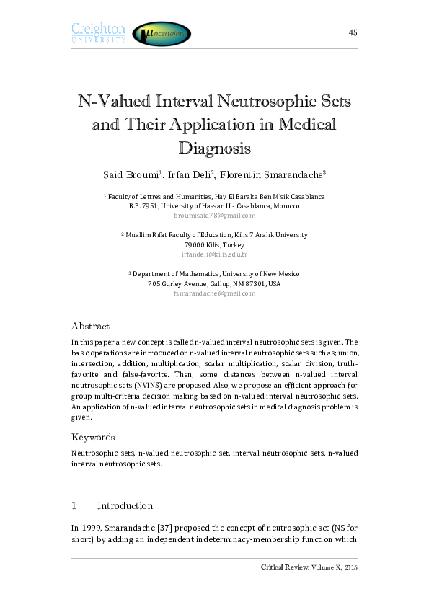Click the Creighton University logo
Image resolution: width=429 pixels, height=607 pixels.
click(x=98, y=32)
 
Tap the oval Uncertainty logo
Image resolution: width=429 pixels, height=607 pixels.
click(x=162, y=33)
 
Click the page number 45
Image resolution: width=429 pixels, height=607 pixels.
click(x=353, y=32)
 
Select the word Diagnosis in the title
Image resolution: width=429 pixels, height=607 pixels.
click(x=214, y=149)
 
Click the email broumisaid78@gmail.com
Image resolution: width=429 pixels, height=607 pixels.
click(x=214, y=216)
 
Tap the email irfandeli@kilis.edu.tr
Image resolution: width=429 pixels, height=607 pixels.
click(x=214, y=254)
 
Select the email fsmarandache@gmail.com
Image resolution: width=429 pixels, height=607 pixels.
click(x=214, y=293)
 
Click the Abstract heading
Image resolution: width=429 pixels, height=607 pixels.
click(x=90, y=326)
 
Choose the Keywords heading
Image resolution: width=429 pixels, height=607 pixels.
click(x=93, y=437)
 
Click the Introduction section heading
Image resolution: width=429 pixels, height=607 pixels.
click(x=125, y=505)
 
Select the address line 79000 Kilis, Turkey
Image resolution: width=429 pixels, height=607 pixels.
click(x=214, y=245)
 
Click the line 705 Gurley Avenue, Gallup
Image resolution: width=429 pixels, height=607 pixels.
click(x=214, y=284)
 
